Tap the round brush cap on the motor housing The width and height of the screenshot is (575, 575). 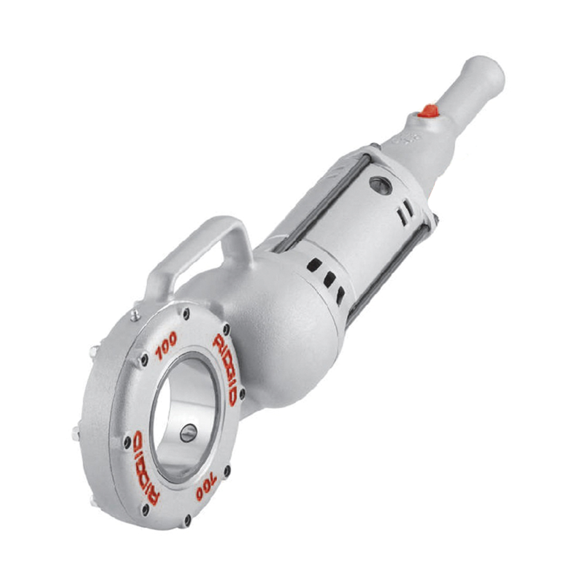coord(380,185)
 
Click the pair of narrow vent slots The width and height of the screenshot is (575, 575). coord(406,210)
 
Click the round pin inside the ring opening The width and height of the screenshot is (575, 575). coord(188,432)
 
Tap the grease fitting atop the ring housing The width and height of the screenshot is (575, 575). coord(135,314)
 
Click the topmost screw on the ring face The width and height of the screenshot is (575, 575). coord(186,313)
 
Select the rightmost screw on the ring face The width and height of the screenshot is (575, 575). coord(241,394)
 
